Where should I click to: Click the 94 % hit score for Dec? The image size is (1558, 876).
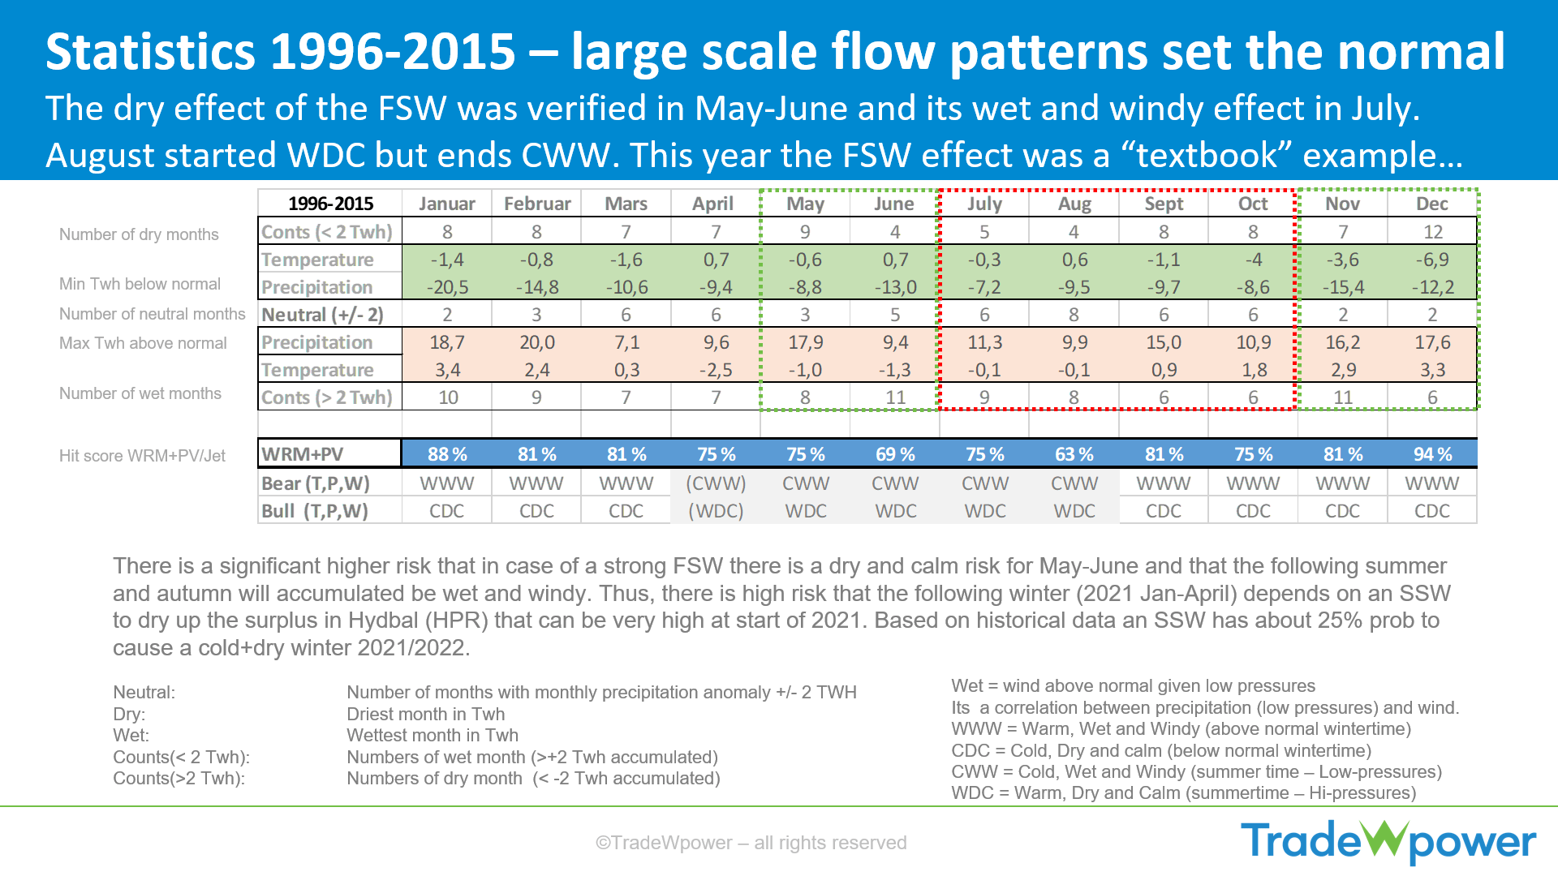tap(1432, 454)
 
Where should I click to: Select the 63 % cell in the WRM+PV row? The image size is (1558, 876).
tap(1074, 454)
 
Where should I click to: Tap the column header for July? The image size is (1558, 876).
tap(984, 204)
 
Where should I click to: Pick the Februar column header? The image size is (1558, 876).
tap(537, 204)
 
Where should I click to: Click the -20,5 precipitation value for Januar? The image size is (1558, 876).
tap(447, 287)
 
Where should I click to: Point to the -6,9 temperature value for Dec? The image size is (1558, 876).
tap(1432, 260)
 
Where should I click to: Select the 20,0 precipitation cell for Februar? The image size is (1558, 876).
tap(537, 342)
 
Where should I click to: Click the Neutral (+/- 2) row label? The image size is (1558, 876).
tap(322, 315)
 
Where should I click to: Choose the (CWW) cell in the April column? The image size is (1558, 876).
tap(716, 483)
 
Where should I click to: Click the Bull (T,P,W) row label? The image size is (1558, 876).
tap(315, 511)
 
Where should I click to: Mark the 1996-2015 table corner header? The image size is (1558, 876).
tap(331, 204)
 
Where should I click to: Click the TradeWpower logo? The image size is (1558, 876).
tap(1388, 841)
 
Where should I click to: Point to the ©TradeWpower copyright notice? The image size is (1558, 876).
tap(751, 843)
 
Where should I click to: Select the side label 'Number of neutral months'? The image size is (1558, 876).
tap(152, 314)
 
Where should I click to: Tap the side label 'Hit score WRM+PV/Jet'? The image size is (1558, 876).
tap(142, 456)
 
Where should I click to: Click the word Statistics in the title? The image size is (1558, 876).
tap(151, 52)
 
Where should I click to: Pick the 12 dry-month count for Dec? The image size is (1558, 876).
tap(1433, 232)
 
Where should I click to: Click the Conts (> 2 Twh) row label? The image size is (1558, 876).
tap(326, 397)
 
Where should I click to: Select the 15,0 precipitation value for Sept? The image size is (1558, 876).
tap(1164, 342)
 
